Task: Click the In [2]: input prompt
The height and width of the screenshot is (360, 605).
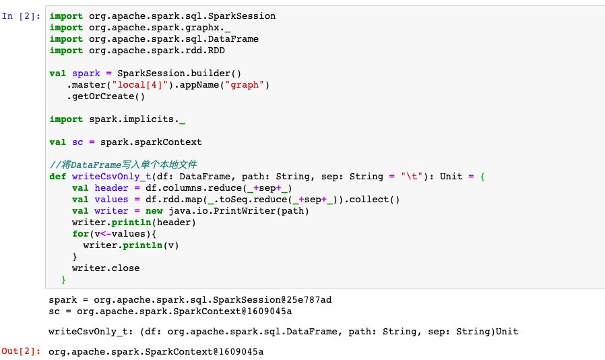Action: pyautogui.click(x=21, y=16)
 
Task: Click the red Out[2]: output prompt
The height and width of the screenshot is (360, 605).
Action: pyautogui.click(x=21, y=351)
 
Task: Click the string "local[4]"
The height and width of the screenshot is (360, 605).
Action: pyautogui.click(x=140, y=85)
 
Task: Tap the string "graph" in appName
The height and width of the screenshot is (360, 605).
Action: pyautogui.click(x=245, y=85)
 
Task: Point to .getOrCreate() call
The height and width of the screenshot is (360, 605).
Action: pyautogui.click(x=106, y=96)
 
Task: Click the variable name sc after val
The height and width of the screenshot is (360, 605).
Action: pyautogui.click(x=77, y=142)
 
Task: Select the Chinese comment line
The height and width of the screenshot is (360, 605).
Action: pyautogui.click(x=123, y=165)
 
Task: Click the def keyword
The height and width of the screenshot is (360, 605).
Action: pyautogui.click(x=58, y=177)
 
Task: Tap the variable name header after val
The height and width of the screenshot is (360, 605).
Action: pyautogui.click(x=112, y=188)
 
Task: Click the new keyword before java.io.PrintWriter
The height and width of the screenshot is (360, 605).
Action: pyautogui.click(x=154, y=211)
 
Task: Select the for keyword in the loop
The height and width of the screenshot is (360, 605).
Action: pyautogui.click(x=80, y=234)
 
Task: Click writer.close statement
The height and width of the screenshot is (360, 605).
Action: pyautogui.click(x=106, y=268)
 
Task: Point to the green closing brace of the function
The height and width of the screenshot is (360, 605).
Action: pyautogui.click(x=63, y=280)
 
